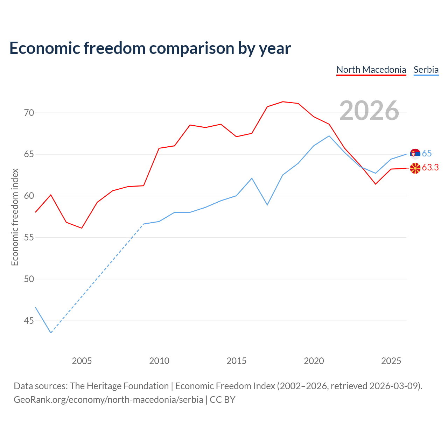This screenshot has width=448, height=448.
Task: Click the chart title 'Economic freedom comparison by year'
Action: (150, 48)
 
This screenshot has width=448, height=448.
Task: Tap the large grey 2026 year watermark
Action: (369, 111)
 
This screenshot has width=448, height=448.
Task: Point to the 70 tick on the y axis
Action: (29, 113)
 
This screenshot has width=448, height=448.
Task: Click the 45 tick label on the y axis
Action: (29, 321)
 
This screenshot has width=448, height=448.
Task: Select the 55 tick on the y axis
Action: (29, 237)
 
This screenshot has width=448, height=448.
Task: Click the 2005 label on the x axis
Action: (82, 361)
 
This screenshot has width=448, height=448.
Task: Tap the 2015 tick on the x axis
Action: (237, 361)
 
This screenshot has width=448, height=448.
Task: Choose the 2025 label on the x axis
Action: (391, 361)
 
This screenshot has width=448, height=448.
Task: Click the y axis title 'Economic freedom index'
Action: (15, 217)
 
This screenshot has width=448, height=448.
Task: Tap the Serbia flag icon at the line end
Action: (415, 154)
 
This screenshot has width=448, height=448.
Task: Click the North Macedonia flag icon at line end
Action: (415, 168)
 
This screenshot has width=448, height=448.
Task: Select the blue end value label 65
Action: (427, 153)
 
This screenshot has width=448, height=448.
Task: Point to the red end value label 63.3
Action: (430, 167)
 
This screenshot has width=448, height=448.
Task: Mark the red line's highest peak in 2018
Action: (283, 101)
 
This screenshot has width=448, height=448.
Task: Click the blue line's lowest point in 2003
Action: (51, 333)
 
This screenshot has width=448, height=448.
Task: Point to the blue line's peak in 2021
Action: (329, 136)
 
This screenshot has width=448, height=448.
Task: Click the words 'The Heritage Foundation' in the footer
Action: (119, 386)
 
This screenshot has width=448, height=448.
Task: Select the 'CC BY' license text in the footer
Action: (223, 400)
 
